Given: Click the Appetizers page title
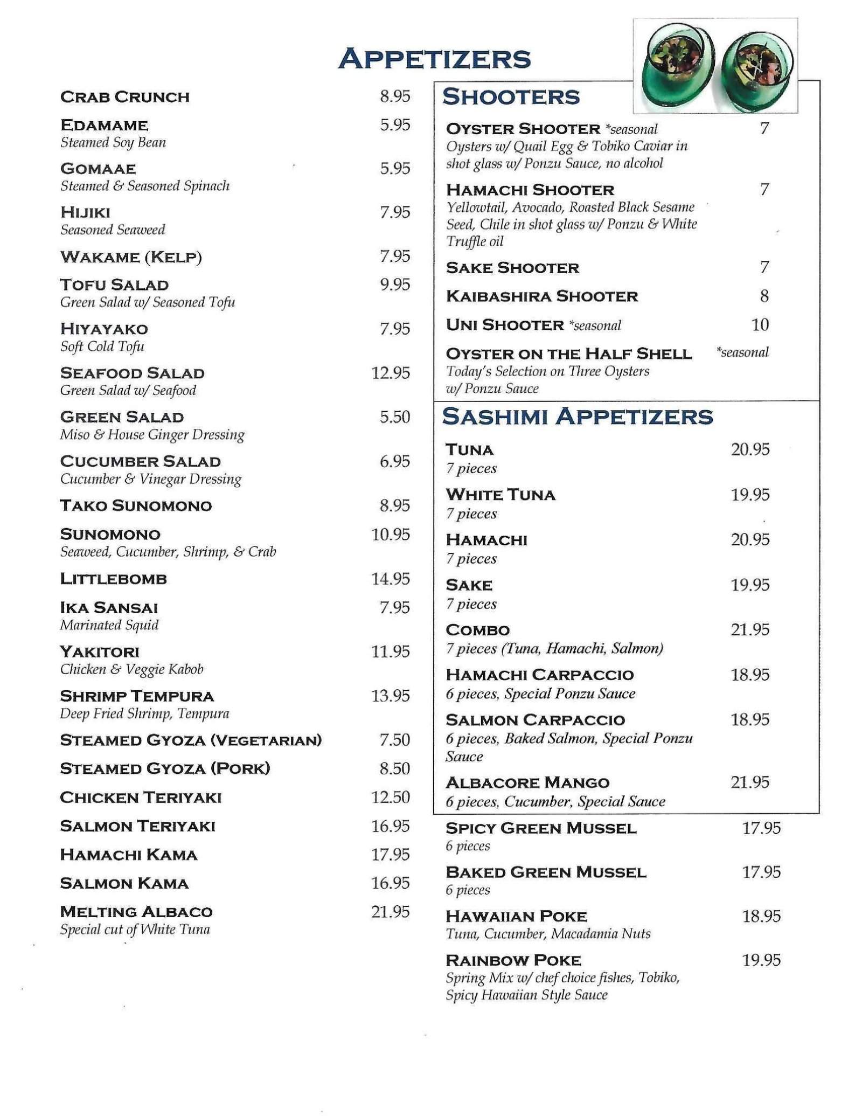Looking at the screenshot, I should pyautogui.click(x=434, y=59).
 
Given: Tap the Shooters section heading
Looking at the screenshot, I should pyautogui.click(x=511, y=97).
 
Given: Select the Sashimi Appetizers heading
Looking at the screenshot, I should pyautogui.click(x=578, y=417).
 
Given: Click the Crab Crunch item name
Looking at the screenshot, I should pyautogui.click(x=125, y=97).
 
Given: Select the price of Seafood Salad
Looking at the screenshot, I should pyautogui.click(x=391, y=373).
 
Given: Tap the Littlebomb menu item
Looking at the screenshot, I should pyautogui.click(x=114, y=579).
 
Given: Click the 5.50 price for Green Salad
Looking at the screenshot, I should pyautogui.click(x=395, y=417).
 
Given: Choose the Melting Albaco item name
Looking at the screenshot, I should pyautogui.click(x=136, y=912).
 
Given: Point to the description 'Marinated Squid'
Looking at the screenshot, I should pyautogui.click(x=109, y=625).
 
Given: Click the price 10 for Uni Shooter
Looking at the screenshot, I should pyautogui.click(x=760, y=324).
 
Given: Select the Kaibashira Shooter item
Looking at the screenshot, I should pyautogui.click(x=542, y=296).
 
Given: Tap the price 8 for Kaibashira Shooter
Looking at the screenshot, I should pyautogui.click(x=764, y=296).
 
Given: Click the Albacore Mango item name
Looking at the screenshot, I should pyautogui.click(x=527, y=782).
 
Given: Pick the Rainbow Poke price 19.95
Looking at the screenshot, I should pyautogui.click(x=761, y=960).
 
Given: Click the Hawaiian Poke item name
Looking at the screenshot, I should pyautogui.click(x=517, y=916).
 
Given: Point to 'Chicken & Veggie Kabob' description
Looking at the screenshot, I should pyautogui.click(x=132, y=669).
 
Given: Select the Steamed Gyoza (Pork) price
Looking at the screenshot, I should pyautogui.click(x=395, y=768).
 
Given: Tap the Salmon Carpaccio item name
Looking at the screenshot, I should pyautogui.click(x=536, y=720).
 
